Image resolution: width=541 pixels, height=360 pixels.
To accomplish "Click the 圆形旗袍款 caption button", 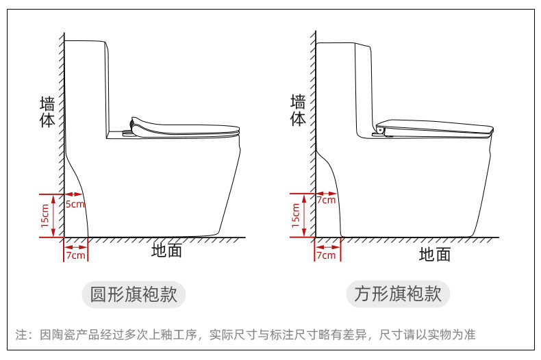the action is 134,294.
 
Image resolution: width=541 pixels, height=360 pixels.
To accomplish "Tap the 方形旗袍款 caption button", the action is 397,294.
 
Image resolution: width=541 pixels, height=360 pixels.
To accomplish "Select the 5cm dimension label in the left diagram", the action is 75,204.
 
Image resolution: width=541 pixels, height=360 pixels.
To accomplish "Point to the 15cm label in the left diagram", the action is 45,216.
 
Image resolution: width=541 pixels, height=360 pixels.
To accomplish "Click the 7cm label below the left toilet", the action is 75,255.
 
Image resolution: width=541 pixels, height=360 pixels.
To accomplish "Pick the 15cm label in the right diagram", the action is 296,216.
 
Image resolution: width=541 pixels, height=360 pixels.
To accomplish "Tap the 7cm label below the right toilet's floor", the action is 326,255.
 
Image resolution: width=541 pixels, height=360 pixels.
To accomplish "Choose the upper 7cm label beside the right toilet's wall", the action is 326,200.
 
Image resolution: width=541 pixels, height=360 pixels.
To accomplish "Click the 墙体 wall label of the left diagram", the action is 47,112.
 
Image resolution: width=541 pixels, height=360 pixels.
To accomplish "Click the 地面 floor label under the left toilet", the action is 166,250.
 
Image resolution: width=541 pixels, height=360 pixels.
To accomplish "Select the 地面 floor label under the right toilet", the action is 435,255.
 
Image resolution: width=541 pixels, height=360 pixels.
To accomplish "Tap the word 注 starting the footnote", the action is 21,335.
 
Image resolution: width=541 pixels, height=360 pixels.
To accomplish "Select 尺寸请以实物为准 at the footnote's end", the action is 428,335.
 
